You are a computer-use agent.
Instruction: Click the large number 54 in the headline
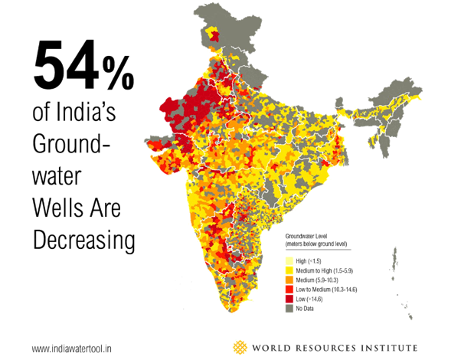(x=64, y=66)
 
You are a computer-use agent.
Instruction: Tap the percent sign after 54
(x=117, y=71)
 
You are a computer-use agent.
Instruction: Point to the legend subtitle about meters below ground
(x=316, y=244)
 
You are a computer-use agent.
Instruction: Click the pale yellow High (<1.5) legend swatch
(x=289, y=261)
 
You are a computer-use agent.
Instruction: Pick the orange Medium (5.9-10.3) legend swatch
(x=289, y=280)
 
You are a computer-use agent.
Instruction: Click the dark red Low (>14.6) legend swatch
(x=289, y=299)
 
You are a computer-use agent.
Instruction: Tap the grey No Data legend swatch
(x=289, y=309)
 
